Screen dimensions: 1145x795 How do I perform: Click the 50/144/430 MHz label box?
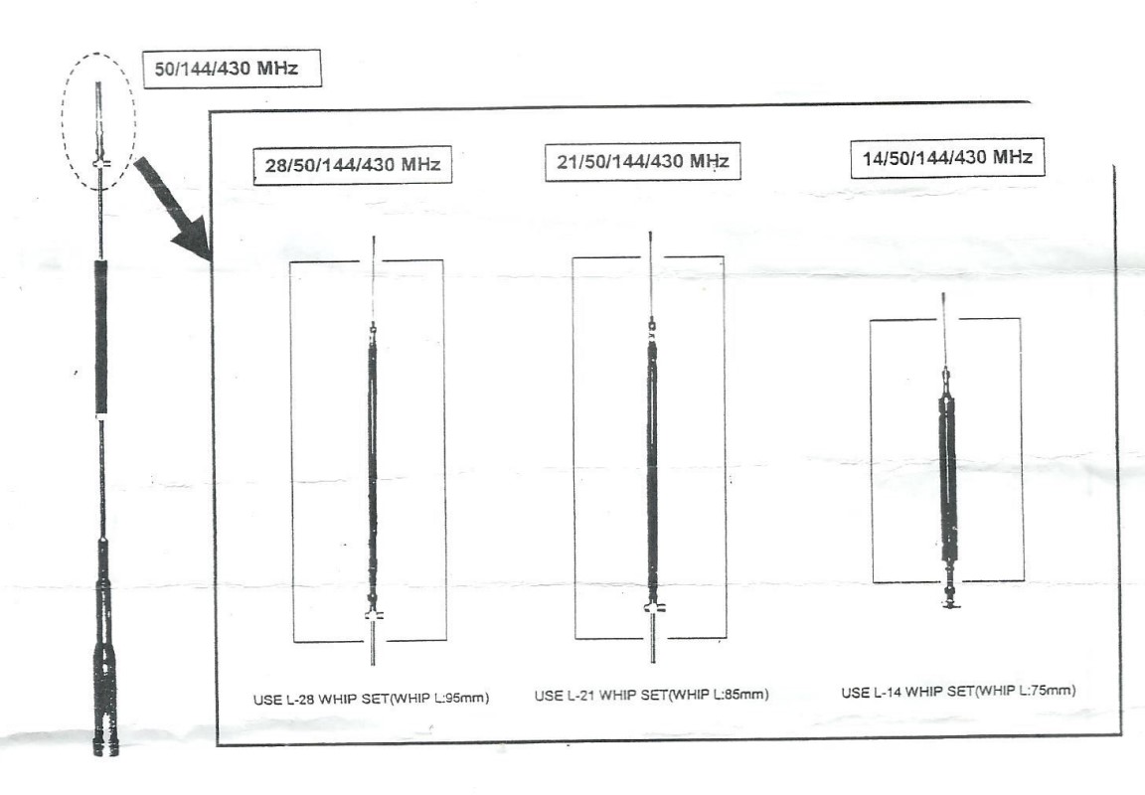[232, 70]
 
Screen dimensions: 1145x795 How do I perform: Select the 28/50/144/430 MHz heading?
[353, 165]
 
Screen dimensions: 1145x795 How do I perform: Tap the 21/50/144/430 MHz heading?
[643, 161]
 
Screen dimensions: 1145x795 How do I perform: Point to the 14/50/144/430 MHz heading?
[947, 158]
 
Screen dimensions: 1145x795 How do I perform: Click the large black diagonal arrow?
[173, 207]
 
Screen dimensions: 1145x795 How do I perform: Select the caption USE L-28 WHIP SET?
[321, 700]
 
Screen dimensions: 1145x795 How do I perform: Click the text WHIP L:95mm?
[439, 699]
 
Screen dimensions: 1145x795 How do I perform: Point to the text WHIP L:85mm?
[719, 695]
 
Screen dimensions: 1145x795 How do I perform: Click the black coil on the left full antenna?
[100, 337]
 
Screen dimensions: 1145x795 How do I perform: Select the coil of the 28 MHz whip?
[373, 467]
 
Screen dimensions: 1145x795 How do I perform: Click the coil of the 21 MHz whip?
[652, 467]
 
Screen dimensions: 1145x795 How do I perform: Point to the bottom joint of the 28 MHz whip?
[373, 615]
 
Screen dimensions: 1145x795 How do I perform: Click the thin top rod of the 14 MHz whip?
[944, 330]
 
